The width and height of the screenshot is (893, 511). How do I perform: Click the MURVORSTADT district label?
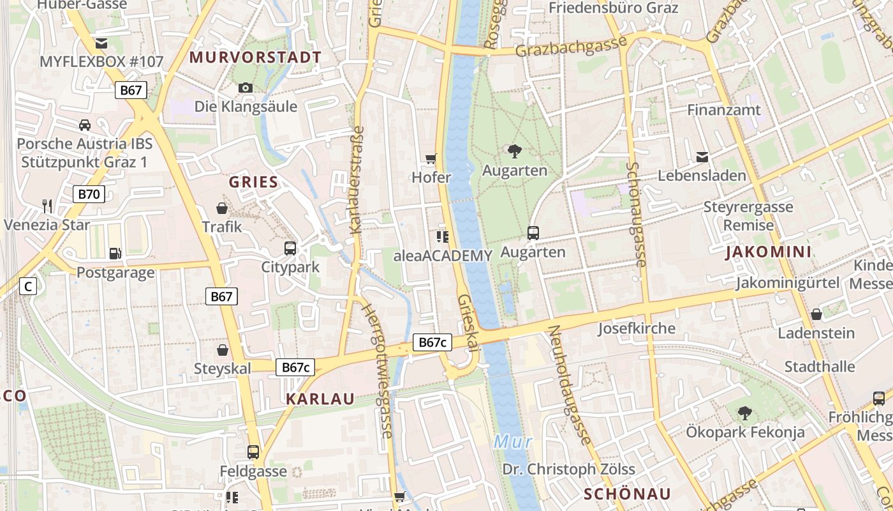255,57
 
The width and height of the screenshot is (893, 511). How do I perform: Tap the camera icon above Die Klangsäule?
246,88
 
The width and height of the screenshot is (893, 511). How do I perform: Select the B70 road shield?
89,194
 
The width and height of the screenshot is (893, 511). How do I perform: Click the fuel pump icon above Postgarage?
115,254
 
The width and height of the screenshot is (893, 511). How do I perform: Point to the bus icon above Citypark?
290,248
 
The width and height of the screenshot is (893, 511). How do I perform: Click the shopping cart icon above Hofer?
432,158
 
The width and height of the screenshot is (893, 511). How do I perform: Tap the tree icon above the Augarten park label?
515,151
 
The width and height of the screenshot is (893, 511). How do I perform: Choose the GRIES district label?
254,182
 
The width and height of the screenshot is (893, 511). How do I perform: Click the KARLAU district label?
320,399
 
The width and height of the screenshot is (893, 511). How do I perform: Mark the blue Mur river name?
513,441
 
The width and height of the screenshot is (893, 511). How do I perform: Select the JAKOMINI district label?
769,252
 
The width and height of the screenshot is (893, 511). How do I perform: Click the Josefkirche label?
637,329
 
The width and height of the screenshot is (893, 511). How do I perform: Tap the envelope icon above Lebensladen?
702,156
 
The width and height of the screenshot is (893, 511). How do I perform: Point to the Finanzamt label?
724,111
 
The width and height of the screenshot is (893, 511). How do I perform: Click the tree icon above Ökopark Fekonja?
744,413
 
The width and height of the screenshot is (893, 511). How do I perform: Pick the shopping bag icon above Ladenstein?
816,314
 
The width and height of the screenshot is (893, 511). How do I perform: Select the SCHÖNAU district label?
628,494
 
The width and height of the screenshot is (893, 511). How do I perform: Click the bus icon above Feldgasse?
253,452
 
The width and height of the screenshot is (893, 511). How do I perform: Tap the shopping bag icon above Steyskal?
223,349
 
